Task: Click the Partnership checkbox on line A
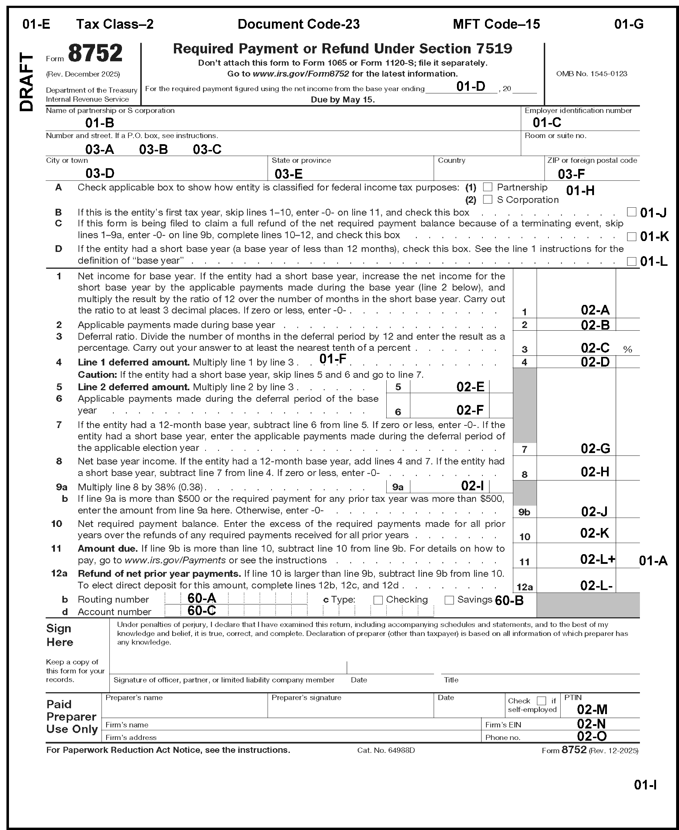(x=487, y=187)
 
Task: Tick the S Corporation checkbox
(x=487, y=199)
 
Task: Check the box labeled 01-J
(x=631, y=212)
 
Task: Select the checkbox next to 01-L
(x=631, y=261)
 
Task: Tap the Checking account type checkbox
(x=378, y=600)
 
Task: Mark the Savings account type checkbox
(x=449, y=600)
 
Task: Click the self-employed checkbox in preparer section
(x=541, y=701)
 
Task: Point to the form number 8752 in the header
(x=95, y=53)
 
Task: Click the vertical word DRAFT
(x=27, y=82)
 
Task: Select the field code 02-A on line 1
(x=595, y=310)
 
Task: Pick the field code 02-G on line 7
(x=595, y=449)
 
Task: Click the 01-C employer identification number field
(x=547, y=123)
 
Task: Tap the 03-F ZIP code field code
(x=571, y=174)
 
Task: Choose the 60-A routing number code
(x=202, y=598)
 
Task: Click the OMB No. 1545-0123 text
(x=591, y=74)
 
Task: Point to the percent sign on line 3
(x=627, y=350)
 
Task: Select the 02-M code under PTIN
(x=592, y=709)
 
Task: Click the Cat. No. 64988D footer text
(x=386, y=750)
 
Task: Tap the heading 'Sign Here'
(x=60, y=635)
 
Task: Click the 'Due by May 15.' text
(x=343, y=100)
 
